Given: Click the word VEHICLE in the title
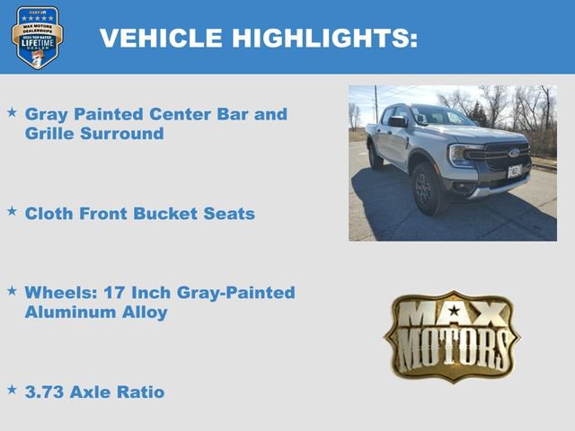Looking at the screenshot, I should pos(160,38).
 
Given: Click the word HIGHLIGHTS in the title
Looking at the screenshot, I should pos(320,38).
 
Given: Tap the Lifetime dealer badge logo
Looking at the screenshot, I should pos(37,37).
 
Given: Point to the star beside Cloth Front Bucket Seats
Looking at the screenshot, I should pos(12,211).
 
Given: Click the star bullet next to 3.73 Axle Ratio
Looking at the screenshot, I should pos(12,390).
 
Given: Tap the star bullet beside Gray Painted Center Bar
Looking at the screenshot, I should pos(12,112).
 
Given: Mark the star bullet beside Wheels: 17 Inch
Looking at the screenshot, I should pos(12,291).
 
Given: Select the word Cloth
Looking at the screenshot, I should pos(52,214).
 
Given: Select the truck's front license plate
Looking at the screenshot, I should pos(515,171).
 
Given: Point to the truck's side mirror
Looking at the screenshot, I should pos(396,121).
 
